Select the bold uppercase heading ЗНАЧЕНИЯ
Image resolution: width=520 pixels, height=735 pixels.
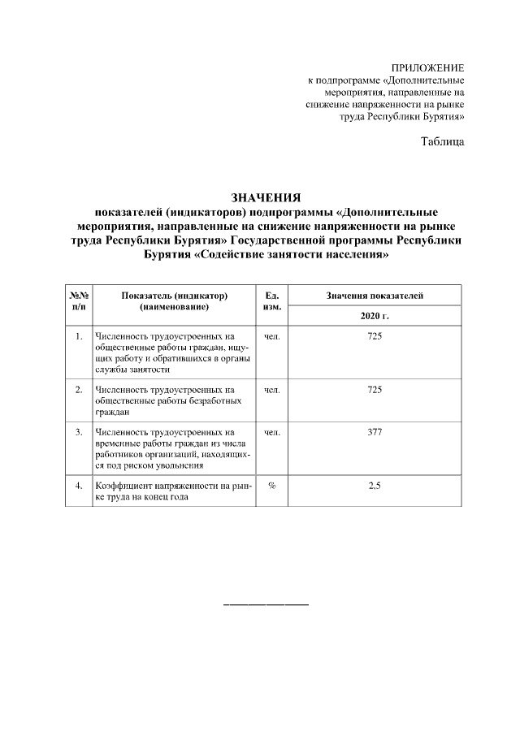tap(266, 197)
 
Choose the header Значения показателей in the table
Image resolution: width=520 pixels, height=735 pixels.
tap(375, 296)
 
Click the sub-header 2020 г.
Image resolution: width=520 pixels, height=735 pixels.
tap(375, 314)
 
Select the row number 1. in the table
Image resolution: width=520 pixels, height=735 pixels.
tap(79, 335)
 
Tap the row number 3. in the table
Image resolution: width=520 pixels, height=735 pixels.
tap(79, 432)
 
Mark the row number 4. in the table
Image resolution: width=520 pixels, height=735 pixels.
tap(79, 486)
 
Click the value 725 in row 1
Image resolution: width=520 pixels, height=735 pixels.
tap(375, 335)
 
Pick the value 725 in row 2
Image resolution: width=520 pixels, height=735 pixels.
tap(375, 390)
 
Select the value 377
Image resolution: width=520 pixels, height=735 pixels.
tap(375, 432)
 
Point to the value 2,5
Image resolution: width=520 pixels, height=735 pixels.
tap(375, 486)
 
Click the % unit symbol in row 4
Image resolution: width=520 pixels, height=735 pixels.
tap(272, 486)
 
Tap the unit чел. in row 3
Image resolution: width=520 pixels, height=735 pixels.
tap(272, 432)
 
